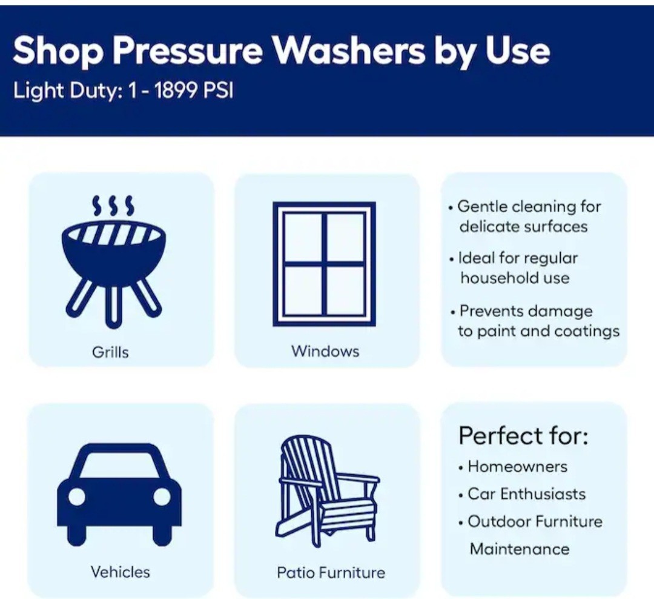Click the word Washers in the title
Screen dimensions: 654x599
click(349, 50)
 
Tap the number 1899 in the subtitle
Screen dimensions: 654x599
click(176, 90)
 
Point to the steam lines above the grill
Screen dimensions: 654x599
click(113, 206)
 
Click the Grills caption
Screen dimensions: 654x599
click(110, 352)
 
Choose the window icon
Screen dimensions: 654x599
click(325, 264)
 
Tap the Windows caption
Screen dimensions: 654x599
click(325, 351)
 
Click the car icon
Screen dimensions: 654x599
click(120, 495)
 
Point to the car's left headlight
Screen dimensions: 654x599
click(77, 497)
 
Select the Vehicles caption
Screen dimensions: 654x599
click(120, 572)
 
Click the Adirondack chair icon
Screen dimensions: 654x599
click(328, 491)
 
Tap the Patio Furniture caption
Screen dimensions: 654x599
click(331, 572)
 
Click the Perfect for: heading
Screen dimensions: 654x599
click(523, 436)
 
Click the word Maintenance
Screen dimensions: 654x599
click(520, 549)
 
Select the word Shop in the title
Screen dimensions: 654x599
click(58, 51)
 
